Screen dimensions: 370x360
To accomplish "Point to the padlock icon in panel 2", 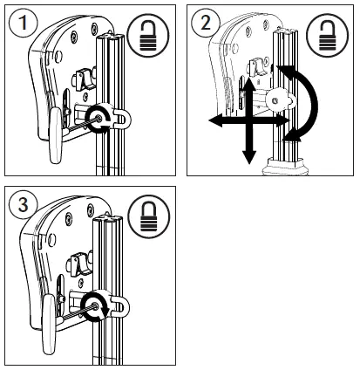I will click(328, 36).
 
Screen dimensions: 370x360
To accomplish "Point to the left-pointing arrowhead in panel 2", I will click(213, 125).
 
